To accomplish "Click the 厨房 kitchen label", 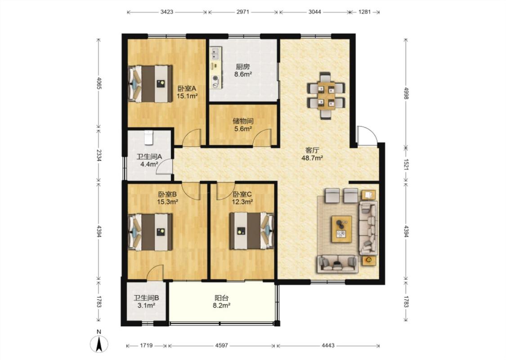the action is point(243,67).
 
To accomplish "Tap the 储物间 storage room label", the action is point(243,121).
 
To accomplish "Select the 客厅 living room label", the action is point(312,150).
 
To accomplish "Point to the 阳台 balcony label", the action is point(221,298).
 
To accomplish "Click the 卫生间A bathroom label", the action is point(149,157).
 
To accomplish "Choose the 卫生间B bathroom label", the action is point(146,298).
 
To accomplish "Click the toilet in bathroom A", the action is point(148,138).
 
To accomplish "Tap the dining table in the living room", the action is point(326,95).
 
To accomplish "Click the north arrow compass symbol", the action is point(99,343).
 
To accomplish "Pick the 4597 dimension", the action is point(221,346).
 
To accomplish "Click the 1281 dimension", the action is point(365,12).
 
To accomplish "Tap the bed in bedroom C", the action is point(252,230).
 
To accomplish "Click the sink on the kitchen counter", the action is point(216,54).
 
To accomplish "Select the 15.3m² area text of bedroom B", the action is point(168,202).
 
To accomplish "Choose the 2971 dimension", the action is point(243,12).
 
